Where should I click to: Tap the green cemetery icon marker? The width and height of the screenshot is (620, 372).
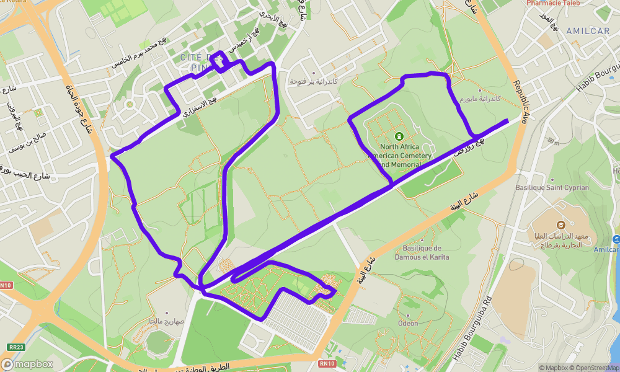[x=399, y=136]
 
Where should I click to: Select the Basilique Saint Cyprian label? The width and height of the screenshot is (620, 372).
[x=552, y=187]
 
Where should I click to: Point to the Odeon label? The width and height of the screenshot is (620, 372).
[x=408, y=323]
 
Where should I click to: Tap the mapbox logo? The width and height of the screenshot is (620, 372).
[x=28, y=365]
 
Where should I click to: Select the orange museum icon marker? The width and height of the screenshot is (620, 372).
[x=560, y=224]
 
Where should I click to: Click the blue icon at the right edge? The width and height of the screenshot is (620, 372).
[x=616, y=239]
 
